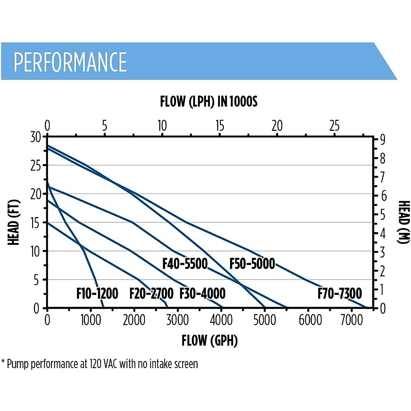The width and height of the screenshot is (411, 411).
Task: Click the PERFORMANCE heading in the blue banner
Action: (70, 62)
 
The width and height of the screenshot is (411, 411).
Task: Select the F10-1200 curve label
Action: (97, 294)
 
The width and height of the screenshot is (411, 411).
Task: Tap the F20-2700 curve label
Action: (151, 294)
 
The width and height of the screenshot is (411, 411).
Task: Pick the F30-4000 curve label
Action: (202, 294)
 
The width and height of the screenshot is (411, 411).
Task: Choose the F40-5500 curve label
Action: (185, 264)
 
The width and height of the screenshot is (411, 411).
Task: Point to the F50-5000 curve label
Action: (252, 264)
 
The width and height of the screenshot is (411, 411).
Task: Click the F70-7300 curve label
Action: (339, 294)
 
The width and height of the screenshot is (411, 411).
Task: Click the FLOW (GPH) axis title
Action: (209, 340)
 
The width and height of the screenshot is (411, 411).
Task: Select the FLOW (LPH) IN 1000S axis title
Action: (209, 102)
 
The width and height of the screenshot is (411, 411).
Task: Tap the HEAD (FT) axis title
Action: (14, 223)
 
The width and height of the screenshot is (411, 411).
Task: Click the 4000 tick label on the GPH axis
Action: (221, 320)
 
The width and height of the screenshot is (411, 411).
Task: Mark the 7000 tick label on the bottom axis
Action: (352, 320)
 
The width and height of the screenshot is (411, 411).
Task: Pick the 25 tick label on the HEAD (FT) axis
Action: (36, 166)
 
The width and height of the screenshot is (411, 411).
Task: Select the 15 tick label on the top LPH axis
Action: (220, 126)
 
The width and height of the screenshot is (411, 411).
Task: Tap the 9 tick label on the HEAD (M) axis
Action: (382, 140)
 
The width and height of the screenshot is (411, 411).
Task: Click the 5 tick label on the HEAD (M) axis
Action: (382, 215)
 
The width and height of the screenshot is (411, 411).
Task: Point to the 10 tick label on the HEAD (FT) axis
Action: (36, 252)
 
